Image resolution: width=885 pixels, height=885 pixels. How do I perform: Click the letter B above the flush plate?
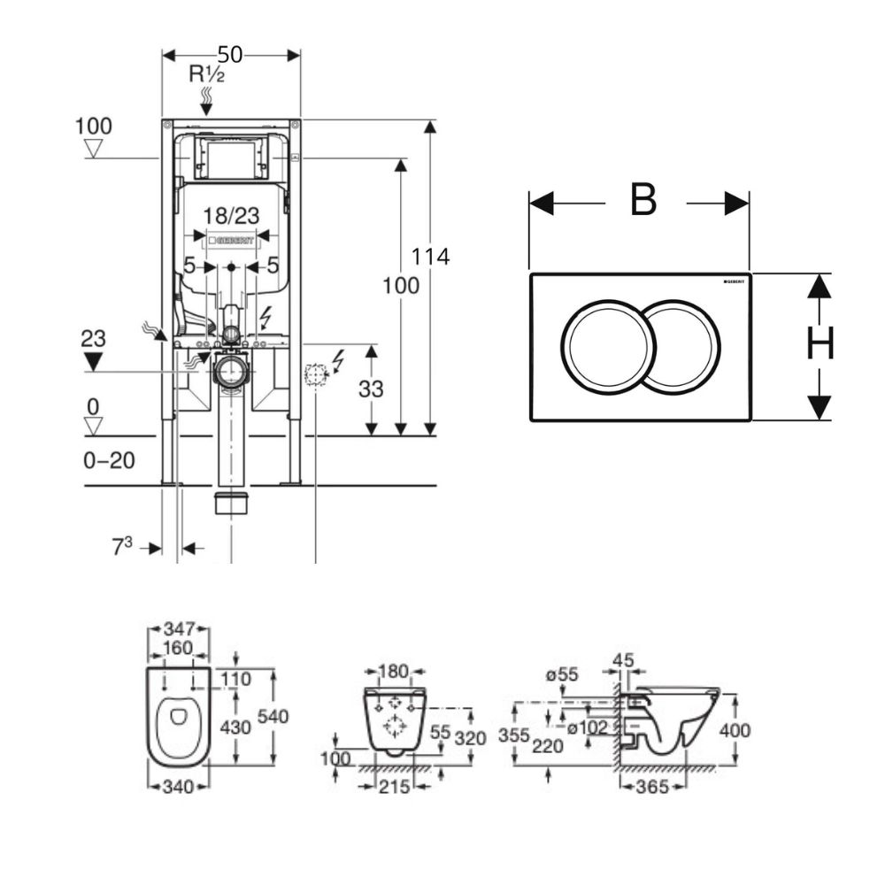[643, 201]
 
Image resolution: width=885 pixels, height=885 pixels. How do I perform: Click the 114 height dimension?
[430, 257]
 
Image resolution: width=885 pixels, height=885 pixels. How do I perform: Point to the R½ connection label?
[206, 74]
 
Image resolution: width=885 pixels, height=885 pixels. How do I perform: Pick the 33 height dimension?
[371, 388]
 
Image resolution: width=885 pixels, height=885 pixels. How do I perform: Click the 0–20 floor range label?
[111, 461]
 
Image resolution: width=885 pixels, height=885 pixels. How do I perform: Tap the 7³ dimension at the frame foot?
[121, 546]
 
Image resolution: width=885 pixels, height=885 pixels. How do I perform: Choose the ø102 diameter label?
[586, 728]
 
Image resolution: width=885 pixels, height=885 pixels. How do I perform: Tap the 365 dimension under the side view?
[651, 786]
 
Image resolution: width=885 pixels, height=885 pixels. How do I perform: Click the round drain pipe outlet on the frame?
[231, 372]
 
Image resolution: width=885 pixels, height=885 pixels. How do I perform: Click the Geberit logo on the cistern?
[231, 240]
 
